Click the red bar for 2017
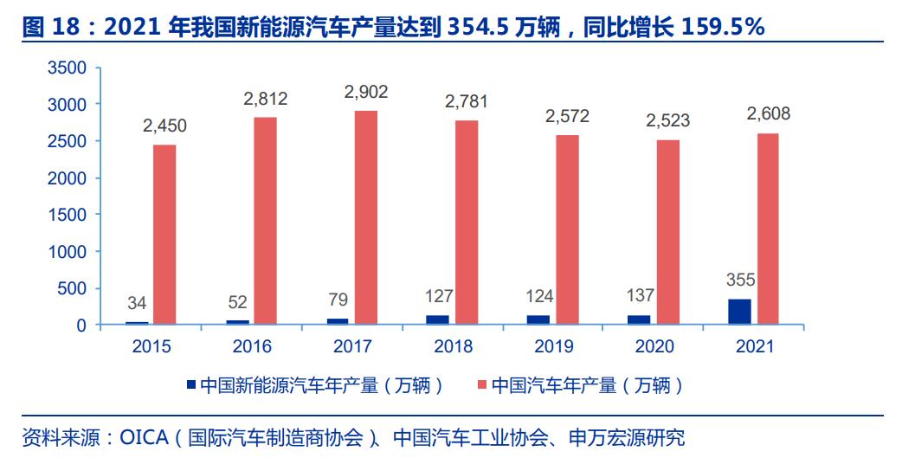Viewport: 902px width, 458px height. click(366, 217)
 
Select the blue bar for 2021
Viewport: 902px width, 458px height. click(739, 312)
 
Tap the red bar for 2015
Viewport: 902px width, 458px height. click(164, 235)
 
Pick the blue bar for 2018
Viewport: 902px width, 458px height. click(438, 319)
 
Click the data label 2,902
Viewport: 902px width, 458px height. click(366, 92)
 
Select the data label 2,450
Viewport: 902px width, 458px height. click(164, 126)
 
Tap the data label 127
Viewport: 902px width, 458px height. click(438, 297)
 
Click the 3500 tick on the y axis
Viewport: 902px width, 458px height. click(68, 68)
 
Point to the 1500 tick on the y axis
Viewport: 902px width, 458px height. click(68, 215)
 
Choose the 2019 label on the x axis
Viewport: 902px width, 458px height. click(555, 347)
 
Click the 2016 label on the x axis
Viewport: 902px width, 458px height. click(252, 347)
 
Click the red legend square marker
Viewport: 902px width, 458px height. click(481, 384)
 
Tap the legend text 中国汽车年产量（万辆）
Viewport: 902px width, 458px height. click(587, 385)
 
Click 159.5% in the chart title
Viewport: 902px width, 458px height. click(723, 27)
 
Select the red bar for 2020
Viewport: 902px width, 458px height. click(667, 232)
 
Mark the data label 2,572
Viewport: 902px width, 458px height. click(567, 115)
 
